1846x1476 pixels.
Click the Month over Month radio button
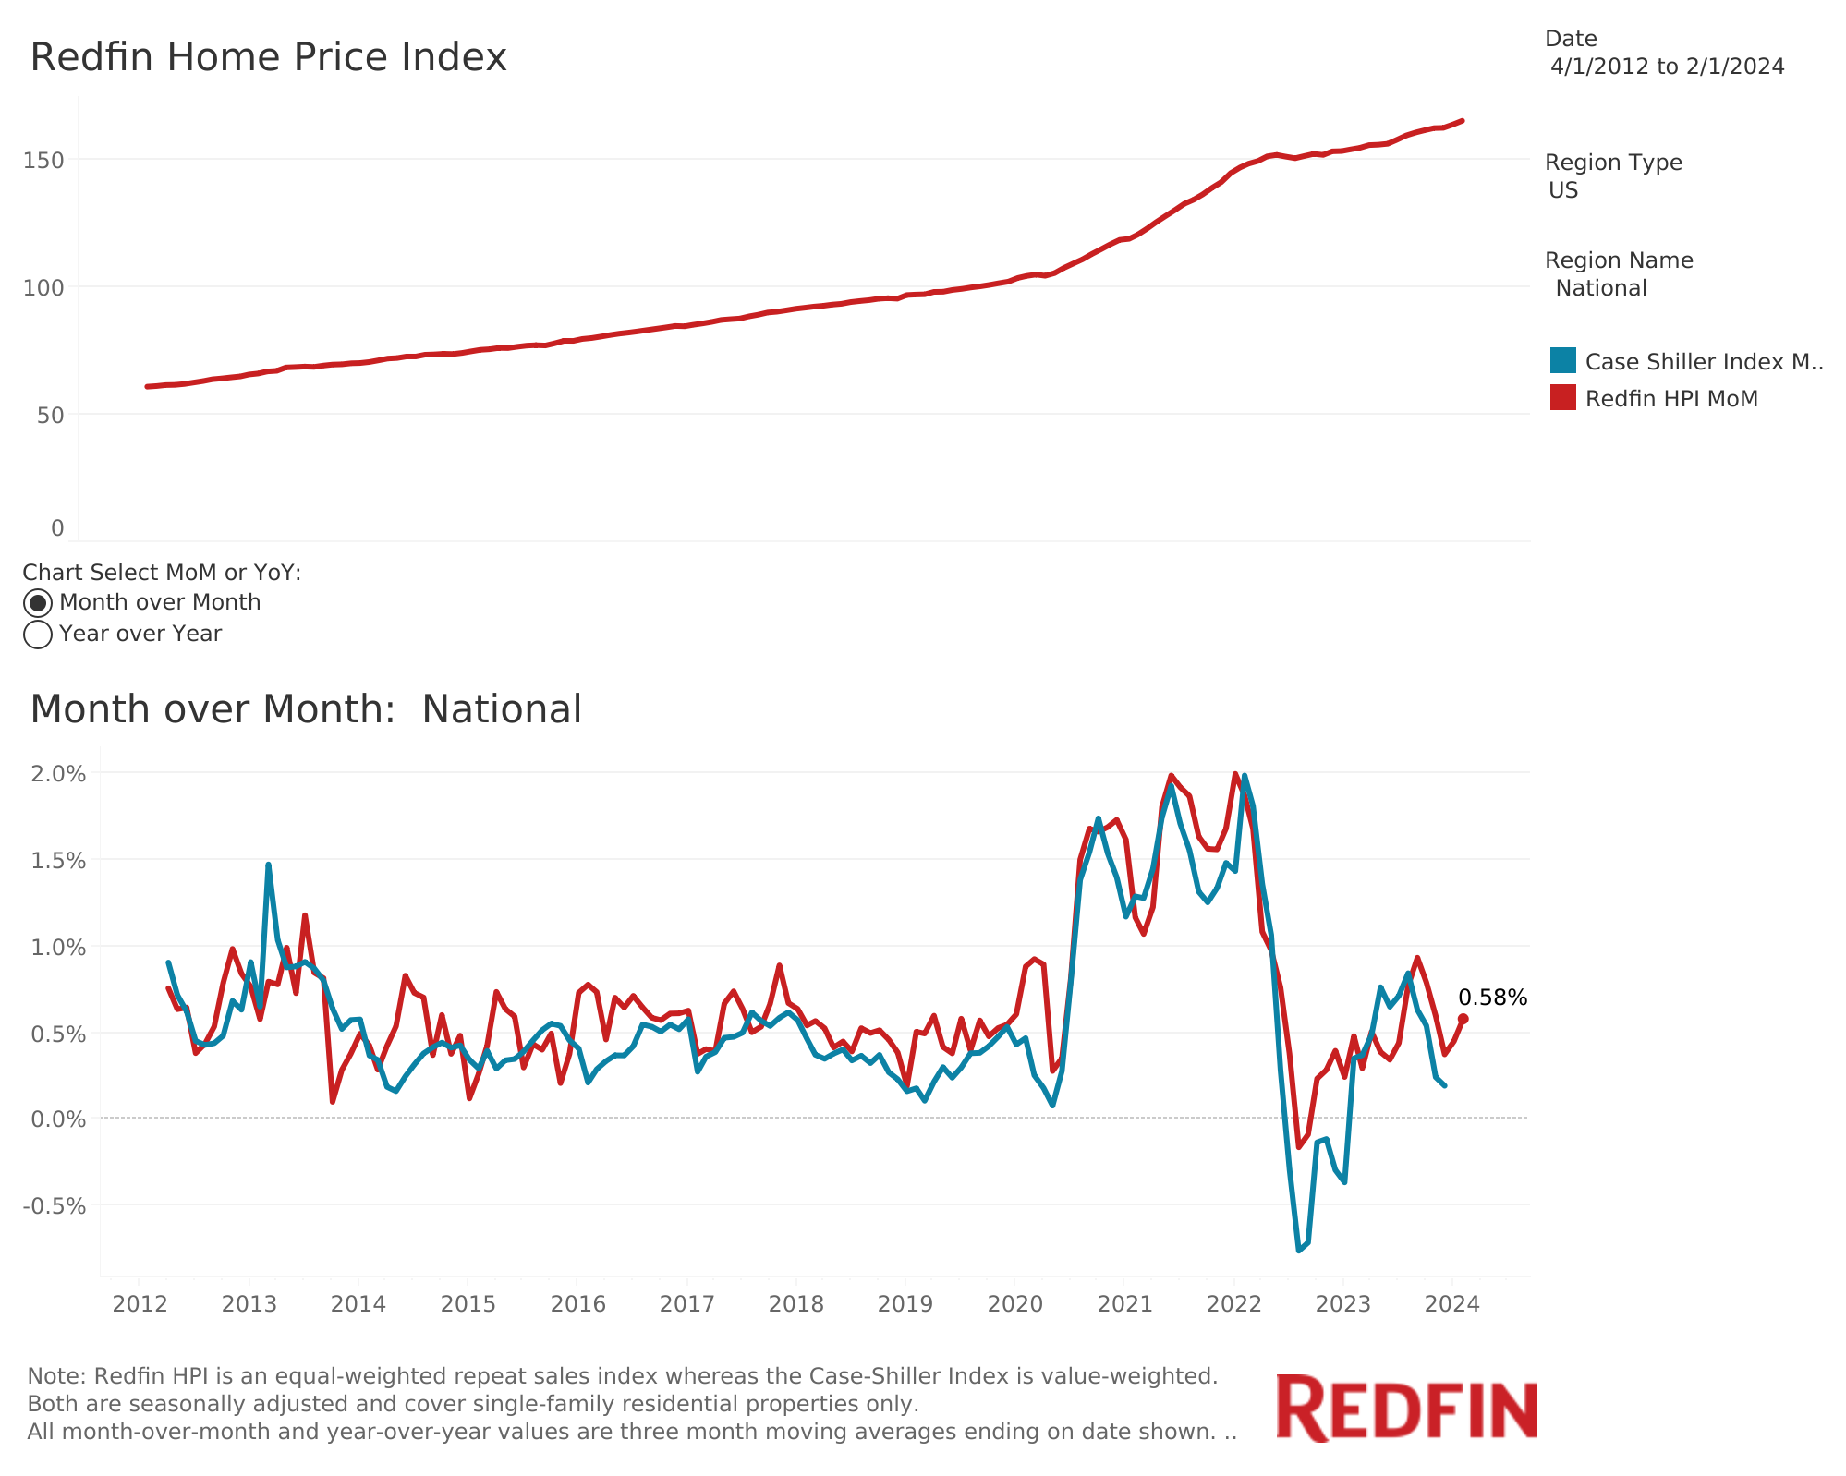tap(38, 603)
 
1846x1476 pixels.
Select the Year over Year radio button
tap(38, 635)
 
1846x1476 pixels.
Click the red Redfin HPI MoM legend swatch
tap(1562, 398)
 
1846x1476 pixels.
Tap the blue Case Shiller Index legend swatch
tap(1562, 361)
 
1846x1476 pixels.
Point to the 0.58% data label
tap(1492, 998)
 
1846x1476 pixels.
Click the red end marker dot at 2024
tap(1463, 1019)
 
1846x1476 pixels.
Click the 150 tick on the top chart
tap(44, 161)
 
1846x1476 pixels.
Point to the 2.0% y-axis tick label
tap(58, 774)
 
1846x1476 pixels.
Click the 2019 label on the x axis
tap(905, 1304)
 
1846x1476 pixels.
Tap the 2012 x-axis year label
tap(139, 1304)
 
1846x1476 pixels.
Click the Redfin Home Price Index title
tap(269, 57)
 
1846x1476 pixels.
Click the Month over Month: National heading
tap(306, 709)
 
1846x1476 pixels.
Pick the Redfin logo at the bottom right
tap(1406, 1409)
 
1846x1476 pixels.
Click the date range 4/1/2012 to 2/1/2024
tap(1667, 67)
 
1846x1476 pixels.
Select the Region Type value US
tap(1563, 190)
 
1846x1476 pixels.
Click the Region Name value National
tap(1600, 288)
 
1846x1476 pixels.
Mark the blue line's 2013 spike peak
tap(268, 865)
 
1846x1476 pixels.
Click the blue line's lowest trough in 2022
tap(1299, 1250)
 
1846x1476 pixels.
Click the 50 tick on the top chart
tap(51, 416)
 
